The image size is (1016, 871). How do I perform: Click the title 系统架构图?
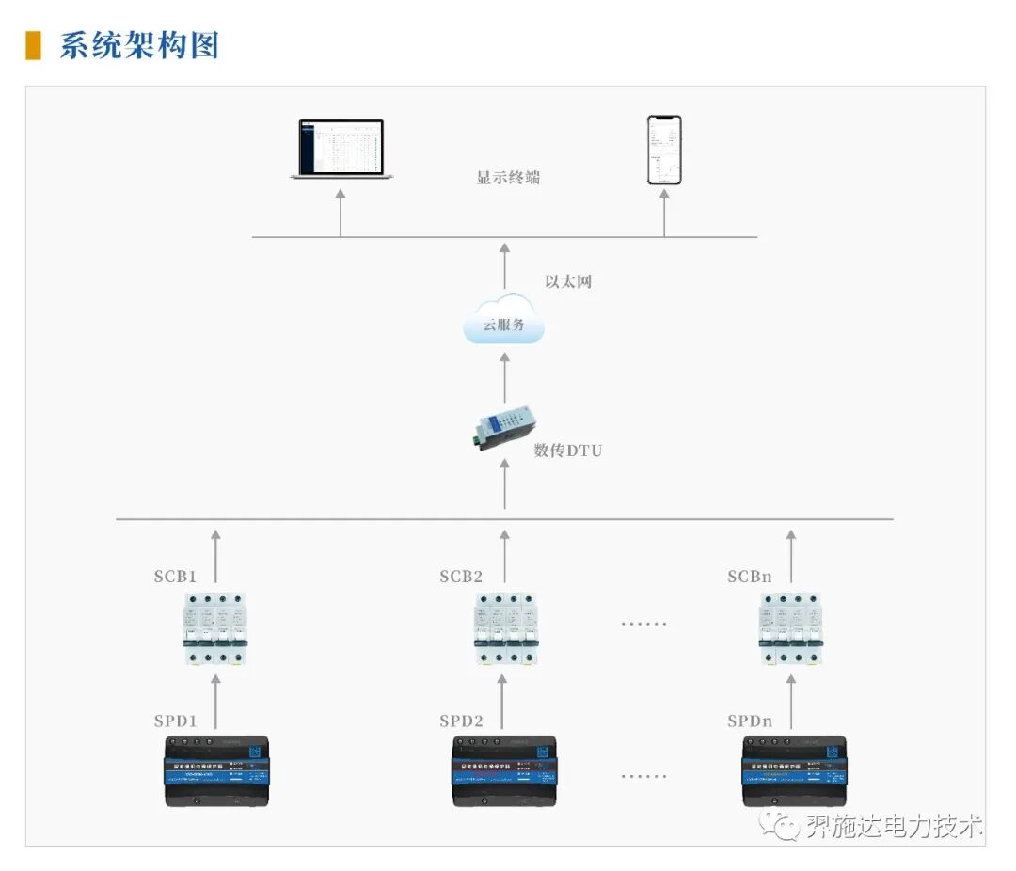[139, 44]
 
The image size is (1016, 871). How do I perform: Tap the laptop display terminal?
[341, 149]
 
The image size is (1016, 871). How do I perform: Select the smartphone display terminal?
[664, 150]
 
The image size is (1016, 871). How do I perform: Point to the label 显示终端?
[508, 177]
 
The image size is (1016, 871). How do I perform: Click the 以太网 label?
[569, 281]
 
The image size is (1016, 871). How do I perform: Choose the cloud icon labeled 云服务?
[504, 322]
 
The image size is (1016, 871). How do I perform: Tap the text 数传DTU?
[567, 451]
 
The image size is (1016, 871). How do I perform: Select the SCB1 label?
[176, 577]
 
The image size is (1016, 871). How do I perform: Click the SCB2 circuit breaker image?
[505, 628]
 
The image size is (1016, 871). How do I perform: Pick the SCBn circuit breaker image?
[790, 628]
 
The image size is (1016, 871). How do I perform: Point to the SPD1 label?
[176, 721]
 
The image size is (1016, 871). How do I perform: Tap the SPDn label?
[750, 721]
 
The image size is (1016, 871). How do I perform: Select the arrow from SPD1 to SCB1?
[215, 701]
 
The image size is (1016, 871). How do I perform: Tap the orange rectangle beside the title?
[33, 45]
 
